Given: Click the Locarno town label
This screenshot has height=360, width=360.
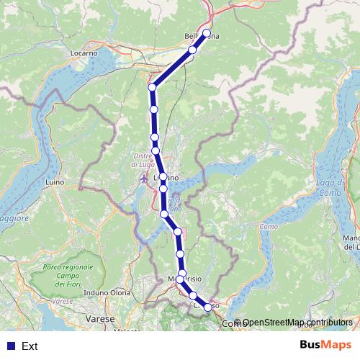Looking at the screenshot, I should pos(84,53).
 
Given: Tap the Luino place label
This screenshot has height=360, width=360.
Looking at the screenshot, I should pos(55,183).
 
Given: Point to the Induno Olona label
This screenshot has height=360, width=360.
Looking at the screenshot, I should pos(106,292).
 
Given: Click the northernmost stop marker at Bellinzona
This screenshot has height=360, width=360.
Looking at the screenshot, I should pos(207,33).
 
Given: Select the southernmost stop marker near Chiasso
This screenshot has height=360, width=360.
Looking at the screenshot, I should pos(208,307).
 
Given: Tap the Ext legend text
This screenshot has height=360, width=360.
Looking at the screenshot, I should pos(30,346).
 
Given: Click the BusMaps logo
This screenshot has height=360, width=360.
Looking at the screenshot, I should pos(325,346).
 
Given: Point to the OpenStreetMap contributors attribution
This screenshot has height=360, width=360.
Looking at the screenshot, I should pos(292,323).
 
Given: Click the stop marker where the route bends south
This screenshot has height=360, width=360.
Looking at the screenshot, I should pos(152,88).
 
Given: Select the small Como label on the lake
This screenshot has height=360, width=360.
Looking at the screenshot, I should pos(268,228).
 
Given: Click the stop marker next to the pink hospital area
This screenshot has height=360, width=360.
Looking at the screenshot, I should pos(177,232).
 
